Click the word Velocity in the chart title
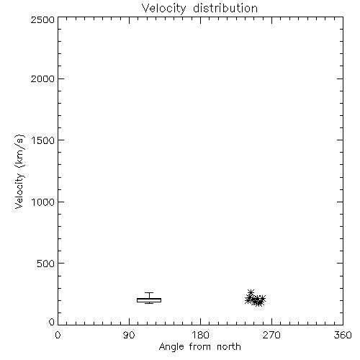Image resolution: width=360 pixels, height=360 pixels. point(164,8)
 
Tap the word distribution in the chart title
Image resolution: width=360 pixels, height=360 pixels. point(225,8)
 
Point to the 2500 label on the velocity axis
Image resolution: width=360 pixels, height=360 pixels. point(42,19)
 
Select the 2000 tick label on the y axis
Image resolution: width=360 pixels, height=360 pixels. point(42,79)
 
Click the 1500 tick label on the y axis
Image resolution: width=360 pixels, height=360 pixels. point(43,140)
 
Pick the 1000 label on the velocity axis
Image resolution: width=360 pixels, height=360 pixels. point(43,202)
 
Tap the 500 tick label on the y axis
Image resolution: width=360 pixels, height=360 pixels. point(46,264)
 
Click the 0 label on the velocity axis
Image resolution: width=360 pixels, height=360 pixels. point(52,322)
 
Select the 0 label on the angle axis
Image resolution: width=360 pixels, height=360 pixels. point(58,335)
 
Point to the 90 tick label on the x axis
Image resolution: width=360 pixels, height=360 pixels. point(129,335)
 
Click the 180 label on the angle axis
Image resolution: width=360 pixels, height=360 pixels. point(200,335)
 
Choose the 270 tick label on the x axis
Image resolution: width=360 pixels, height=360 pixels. point(271,335)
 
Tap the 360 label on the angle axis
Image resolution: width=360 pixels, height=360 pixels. point(343,335)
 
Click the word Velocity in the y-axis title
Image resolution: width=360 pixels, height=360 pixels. point(19,191)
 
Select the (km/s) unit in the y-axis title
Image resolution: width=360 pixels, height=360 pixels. point(19,151)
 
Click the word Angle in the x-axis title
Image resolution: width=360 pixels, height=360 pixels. point(171,347)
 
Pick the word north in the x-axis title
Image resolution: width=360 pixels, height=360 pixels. point(229,346)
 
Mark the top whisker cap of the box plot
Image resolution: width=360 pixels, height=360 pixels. point(149,292)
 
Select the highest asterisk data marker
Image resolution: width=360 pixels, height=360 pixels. point(251,292)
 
